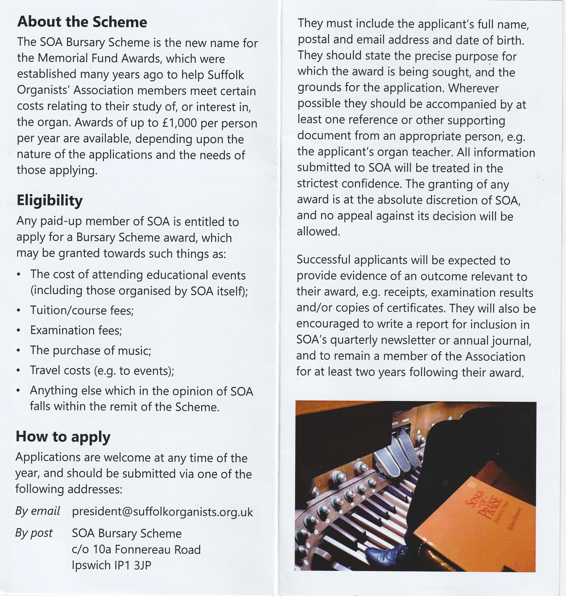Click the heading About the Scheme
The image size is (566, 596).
(82, 22)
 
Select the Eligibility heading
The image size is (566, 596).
(49, 201)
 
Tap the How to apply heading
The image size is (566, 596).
(63, 436)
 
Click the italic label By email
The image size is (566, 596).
(38, 511)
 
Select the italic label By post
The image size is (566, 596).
(34, 533)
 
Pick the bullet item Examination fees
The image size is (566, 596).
(76, 330)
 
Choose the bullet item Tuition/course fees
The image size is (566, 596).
(82, 310)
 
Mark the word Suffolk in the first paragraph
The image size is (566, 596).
(226, 75)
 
